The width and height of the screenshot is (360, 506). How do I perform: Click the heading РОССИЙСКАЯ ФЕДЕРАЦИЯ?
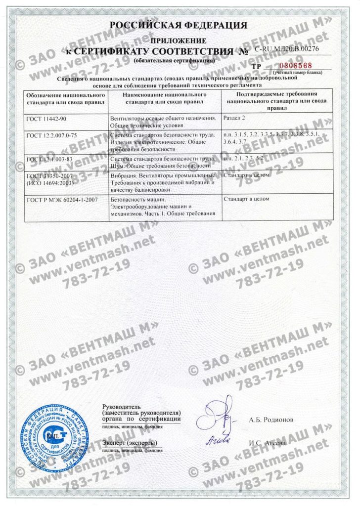click(179, 25)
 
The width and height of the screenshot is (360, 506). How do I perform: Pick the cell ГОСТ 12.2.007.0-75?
click(51, 134)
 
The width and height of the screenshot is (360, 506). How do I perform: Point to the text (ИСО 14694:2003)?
click(47, 183)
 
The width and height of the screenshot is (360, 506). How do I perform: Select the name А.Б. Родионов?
click(272, 420)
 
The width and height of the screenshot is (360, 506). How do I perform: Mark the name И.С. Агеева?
click(270, 443)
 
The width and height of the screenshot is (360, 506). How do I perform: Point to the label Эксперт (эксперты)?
click(130, 442)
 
